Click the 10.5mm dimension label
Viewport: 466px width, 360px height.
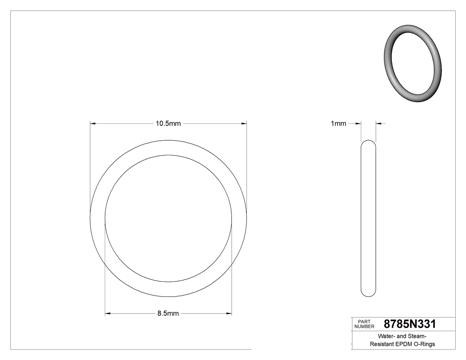pos(168,124)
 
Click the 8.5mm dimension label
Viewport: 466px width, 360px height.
pos(168,313)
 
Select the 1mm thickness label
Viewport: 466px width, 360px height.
pos(338,124)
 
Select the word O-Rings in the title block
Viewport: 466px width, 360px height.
pos(424,344)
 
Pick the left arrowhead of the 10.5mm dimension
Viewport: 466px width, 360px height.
pos(92,124)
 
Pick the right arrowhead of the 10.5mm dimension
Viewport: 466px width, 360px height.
pos(244,124)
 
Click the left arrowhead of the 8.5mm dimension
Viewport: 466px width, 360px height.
pos(107,313)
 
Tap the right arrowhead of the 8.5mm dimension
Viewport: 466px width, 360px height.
pos(229,313)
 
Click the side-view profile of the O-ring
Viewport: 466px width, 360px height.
pos(368,218)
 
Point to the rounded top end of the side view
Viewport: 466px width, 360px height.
pos(368,142)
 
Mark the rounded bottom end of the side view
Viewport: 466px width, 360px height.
pos(368,294)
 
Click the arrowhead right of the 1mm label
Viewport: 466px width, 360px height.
pos(358,124)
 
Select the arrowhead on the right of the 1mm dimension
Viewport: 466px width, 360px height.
pos(379,124)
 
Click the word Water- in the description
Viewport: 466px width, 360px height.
pos(387,336)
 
